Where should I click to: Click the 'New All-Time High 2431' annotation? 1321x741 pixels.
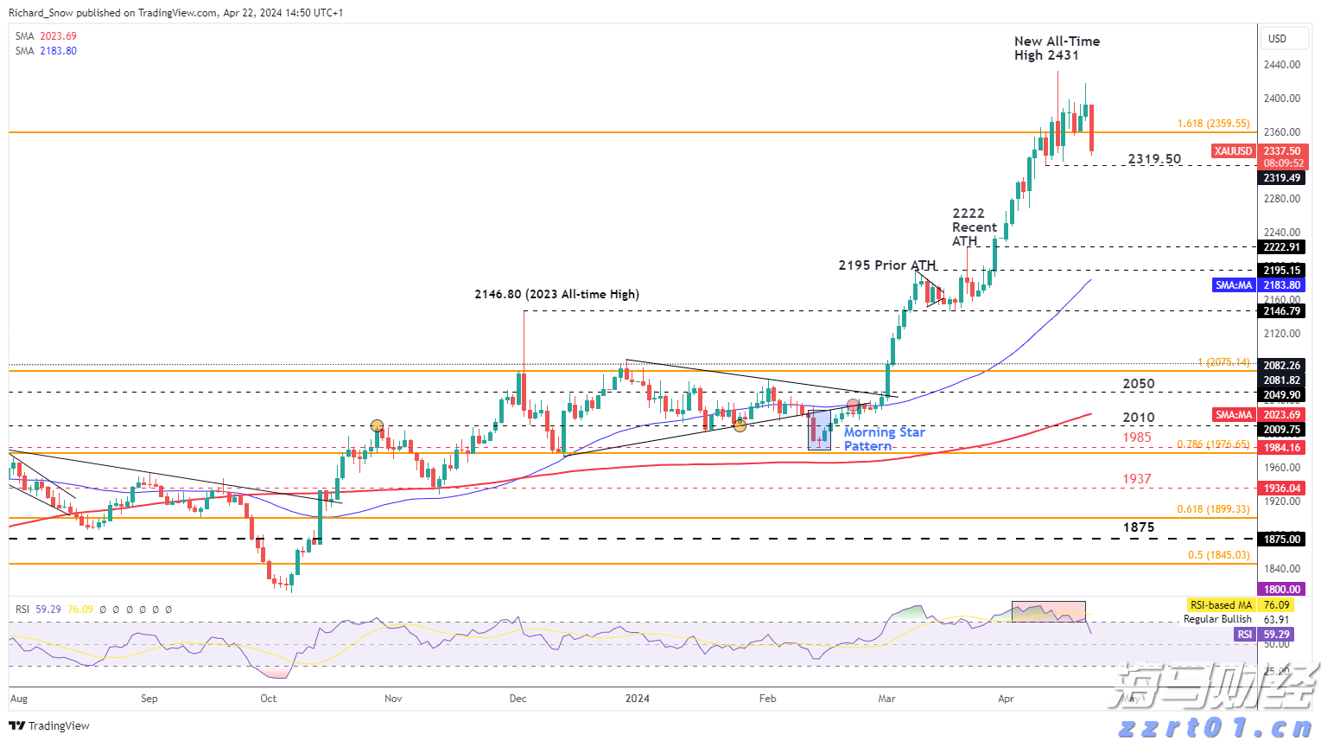point(1057,48)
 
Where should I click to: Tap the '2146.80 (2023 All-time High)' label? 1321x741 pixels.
point(556,294)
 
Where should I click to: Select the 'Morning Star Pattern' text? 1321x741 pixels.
point(884,438)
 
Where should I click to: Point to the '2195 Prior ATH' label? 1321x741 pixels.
point(886,265)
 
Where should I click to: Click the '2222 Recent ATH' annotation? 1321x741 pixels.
point(974,227)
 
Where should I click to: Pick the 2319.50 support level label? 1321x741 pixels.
point(1154,159)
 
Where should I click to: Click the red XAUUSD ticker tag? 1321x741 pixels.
point(1233,151)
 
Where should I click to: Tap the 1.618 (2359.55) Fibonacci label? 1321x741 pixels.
point(1213,124)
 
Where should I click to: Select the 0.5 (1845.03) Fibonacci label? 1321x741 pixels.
point(1218,555)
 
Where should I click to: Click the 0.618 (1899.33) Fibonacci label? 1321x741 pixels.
point(1213,509)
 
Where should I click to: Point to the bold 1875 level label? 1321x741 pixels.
point(1138,527)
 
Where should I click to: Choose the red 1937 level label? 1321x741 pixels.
point(1136,479)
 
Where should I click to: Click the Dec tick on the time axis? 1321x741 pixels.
point(518,698)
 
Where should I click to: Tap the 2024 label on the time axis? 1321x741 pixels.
point(638,698)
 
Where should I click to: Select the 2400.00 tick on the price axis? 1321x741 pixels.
point(1281,99)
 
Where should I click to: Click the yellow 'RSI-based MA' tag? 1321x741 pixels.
point(1219,605)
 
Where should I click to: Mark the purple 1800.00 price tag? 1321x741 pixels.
point(1281,589)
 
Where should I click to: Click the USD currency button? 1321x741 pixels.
point(1277,39)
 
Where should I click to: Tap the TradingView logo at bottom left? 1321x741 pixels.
point(49,725)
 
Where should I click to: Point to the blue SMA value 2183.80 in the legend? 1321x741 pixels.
point(58,51)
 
